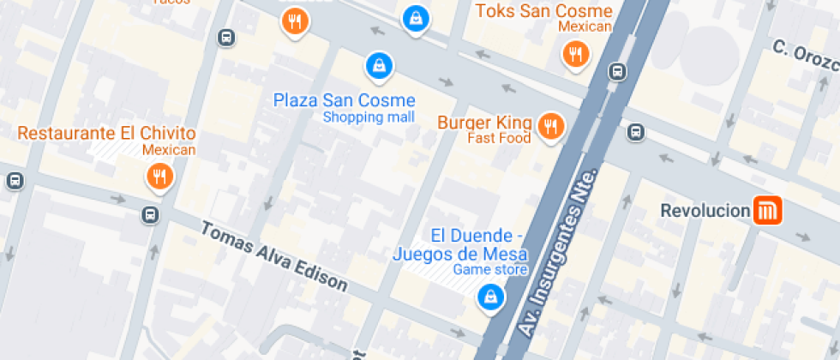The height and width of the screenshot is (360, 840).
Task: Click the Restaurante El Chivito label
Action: coord(106,134)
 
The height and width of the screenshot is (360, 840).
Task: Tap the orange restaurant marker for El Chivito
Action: coord(159,177)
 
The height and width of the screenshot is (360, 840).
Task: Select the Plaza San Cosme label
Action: coord(344,100)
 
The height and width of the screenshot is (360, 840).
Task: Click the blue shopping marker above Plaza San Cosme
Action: coord(378,64)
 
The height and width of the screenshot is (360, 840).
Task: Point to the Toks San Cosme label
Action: coord(543,11)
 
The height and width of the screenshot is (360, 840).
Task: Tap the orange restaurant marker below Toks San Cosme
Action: coord(575,55)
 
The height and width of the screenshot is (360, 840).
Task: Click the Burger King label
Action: coord(484,123)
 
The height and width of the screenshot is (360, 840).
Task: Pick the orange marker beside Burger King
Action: coord(549,127)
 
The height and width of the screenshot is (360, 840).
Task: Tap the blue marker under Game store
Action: coord(489,297)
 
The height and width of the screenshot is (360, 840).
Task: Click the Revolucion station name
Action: coord(705,210)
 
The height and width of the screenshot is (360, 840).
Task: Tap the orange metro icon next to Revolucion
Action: coord(767,210)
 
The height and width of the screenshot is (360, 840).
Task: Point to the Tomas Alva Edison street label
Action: coord(274,257)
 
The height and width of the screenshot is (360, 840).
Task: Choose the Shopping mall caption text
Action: coord(369,117)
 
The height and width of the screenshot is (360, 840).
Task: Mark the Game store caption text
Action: coord(489,270)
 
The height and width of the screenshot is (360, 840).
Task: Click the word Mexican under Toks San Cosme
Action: coord(585,27)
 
